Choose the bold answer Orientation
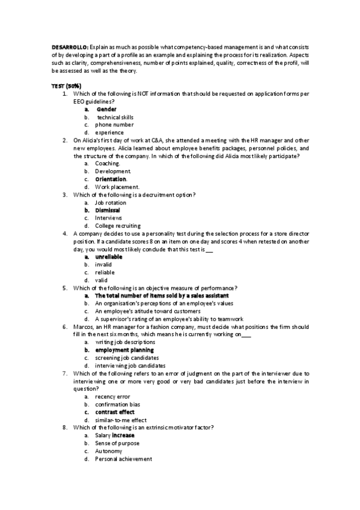[111, 179]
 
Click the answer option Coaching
[107, 164]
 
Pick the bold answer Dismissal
[108, 210]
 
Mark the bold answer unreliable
[109, 257]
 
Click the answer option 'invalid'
[103, 265]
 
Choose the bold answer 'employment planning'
[124, 350]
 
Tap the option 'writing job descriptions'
[120, 342]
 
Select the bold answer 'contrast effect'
[114, 412]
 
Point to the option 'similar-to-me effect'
[120, 420]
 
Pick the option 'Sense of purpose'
[117, 443]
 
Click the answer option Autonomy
[108, 451]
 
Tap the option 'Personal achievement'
[123, 459]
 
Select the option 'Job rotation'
[111, 203]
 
